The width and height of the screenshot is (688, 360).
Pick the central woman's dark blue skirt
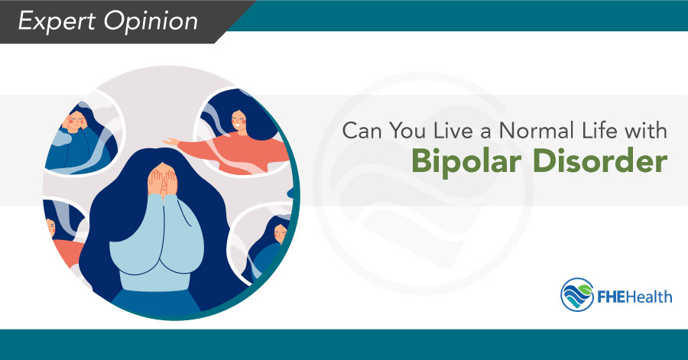157,302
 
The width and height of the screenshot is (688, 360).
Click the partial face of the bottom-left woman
51,226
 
